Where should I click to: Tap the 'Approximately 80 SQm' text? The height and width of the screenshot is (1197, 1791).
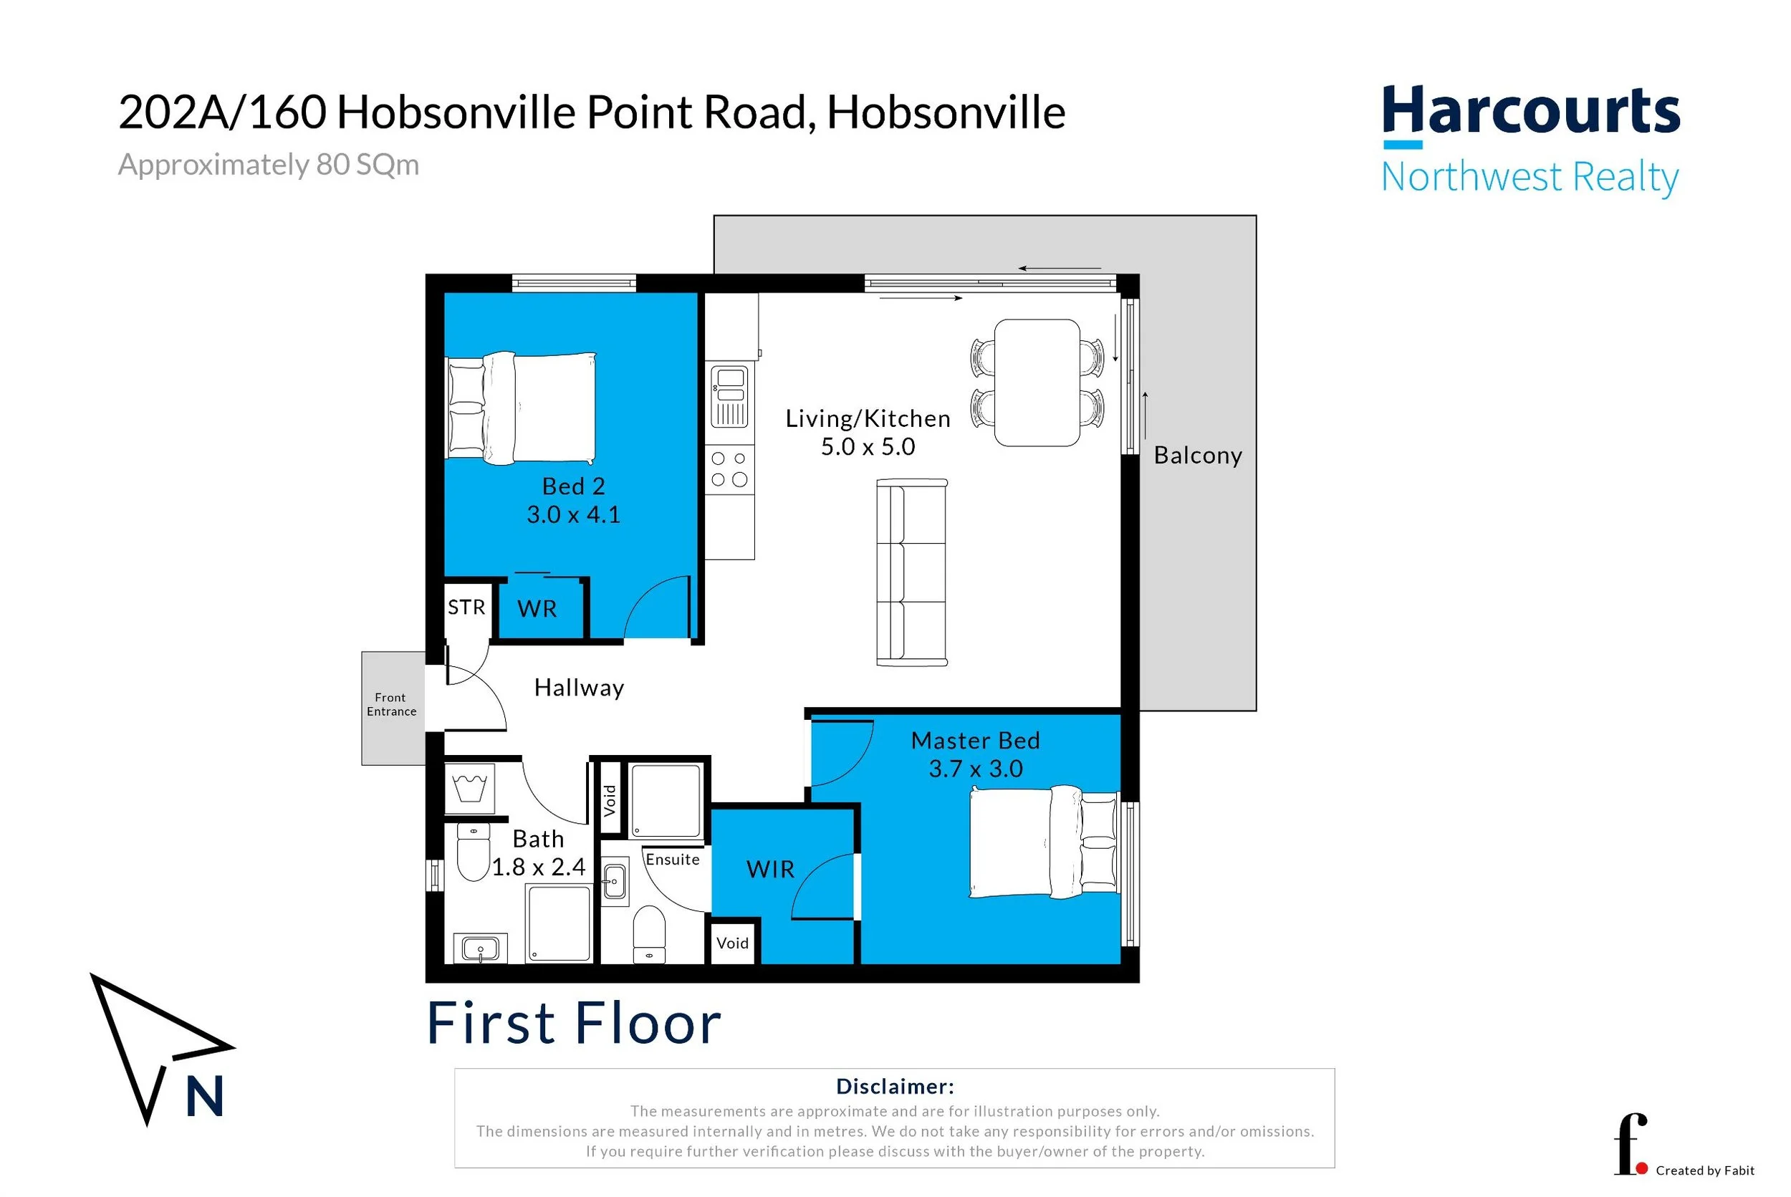(x=268, y=165)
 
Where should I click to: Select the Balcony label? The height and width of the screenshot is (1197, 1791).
(x=1198, y=455)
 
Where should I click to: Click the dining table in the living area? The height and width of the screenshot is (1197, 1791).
(x=1037, y=383)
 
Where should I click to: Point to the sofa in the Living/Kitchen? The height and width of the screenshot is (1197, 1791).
(x=911, y=572)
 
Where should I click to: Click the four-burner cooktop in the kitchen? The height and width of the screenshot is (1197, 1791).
(x=729, y=468)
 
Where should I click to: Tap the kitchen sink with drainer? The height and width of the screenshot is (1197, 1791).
(x=729, y=397)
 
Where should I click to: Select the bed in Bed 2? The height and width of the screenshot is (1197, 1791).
(x=521, y=408)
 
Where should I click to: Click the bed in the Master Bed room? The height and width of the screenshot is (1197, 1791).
(x=1044, y=842)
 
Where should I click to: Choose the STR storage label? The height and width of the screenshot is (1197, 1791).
(x=466, y=607)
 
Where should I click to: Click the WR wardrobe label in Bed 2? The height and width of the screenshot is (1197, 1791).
(x=537, y=608)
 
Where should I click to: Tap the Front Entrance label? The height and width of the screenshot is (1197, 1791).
(x=391, y=704)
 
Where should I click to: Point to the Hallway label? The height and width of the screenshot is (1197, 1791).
(x=579, y=688)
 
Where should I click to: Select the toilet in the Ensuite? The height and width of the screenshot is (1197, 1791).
(x=649, y=933)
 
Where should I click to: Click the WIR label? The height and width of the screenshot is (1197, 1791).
(x=770, y=869)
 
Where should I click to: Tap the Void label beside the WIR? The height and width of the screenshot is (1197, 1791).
(x=732, y=943)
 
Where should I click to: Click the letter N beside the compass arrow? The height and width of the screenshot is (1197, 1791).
(x=205, y=1095)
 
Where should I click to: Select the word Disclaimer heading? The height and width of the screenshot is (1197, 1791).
(x=895, y=1085)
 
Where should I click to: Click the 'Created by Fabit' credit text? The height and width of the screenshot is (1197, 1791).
(x=1705, y=1170)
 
